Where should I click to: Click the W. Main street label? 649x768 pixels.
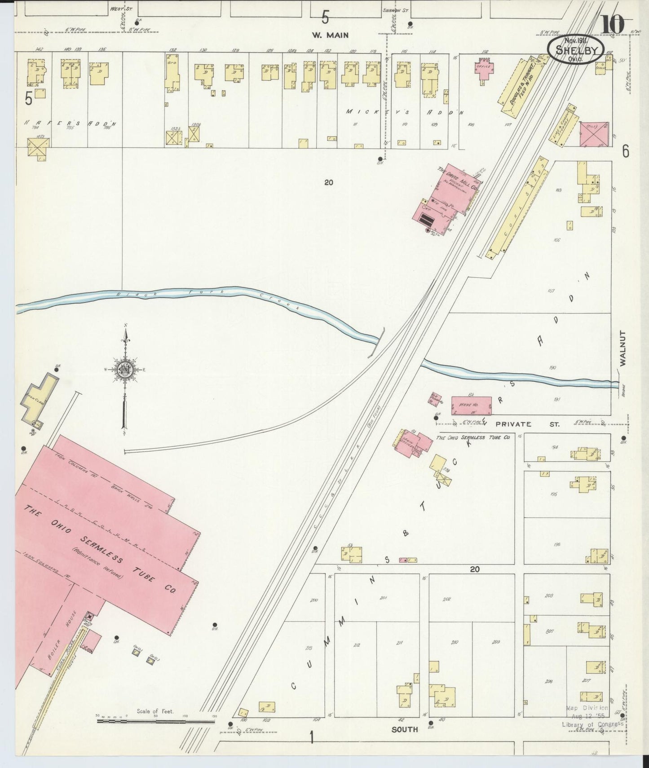331,35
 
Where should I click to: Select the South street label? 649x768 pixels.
404,729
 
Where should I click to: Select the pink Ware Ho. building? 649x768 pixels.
471,405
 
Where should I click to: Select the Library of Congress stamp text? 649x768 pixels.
592,724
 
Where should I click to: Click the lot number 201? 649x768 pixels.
383,598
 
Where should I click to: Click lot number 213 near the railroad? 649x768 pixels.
309,648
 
